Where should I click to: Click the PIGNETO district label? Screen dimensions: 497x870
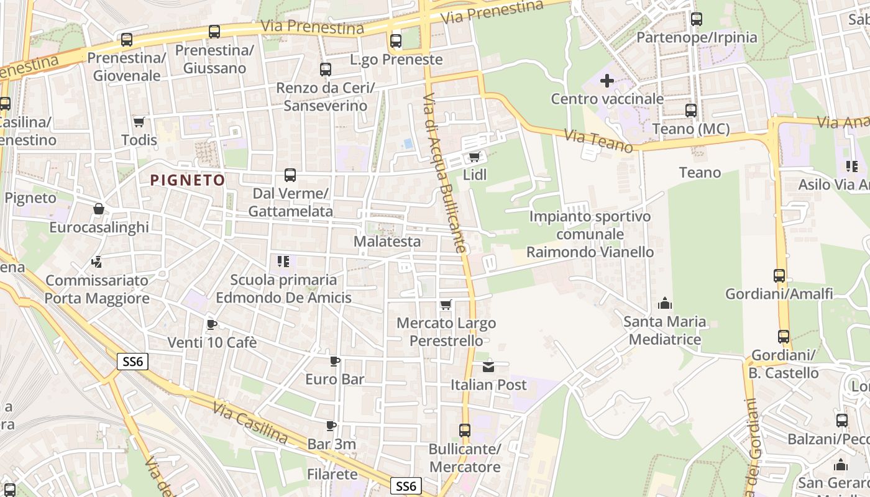tap(188, 180)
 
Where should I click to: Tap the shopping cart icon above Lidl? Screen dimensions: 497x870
tap(475, 157)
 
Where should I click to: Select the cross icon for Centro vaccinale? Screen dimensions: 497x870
tap(607, 81)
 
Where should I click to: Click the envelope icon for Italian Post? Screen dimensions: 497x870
tap(488, 367)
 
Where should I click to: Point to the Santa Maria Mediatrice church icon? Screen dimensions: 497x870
tap(665, 303)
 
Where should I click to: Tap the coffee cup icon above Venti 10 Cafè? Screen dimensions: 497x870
tap(211, 324)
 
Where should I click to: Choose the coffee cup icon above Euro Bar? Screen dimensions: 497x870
tap(335, 361)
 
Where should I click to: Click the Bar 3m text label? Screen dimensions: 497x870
tap(332, 444)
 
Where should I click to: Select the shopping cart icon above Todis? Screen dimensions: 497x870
tap(139, 122)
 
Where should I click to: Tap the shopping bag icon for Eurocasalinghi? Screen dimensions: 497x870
tap(99, 209)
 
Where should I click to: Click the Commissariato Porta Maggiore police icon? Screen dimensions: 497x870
tap(97, 262)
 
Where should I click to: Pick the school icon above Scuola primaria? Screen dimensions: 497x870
tap(283, 262)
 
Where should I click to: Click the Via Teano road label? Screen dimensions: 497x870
tap(598, 141)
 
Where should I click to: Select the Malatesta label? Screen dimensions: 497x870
tap(387, 242)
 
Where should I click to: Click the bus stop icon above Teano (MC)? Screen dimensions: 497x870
tap(690, 111)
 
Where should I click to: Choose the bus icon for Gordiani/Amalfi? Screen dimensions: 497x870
tap(779, 276)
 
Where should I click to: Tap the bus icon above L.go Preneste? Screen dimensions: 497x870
tap(396, 41)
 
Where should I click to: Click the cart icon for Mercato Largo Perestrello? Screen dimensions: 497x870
tap(446, 305)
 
